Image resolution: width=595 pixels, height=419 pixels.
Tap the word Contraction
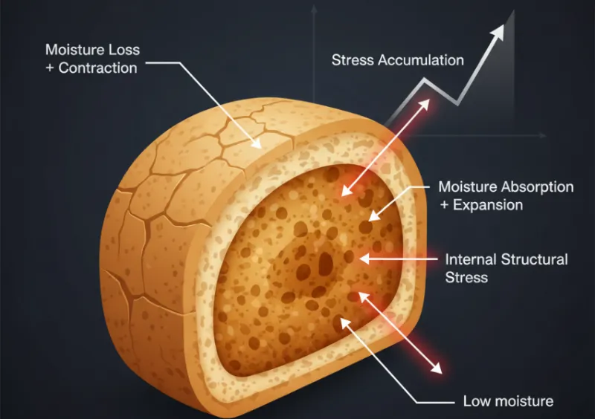(97, 68)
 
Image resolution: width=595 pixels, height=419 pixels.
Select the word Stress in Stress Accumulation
(353, 60)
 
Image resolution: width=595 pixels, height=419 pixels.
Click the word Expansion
(488, 205)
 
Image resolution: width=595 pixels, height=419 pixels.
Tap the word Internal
(471, 259)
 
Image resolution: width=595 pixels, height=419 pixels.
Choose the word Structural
(534, 259)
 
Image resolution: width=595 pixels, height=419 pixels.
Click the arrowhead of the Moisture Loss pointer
(256, 143)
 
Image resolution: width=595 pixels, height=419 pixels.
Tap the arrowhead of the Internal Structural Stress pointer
(364, 259)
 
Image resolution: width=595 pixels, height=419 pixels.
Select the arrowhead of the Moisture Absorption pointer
(374, 215)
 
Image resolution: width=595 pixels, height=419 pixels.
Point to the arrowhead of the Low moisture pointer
(345, 322)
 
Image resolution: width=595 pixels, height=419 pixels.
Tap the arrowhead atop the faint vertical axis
(314, 8)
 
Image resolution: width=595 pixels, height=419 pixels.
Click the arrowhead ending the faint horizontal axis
(544, 135)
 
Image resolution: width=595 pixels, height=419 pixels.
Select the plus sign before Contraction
(50, 68)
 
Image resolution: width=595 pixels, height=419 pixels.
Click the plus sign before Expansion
(444, 205)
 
